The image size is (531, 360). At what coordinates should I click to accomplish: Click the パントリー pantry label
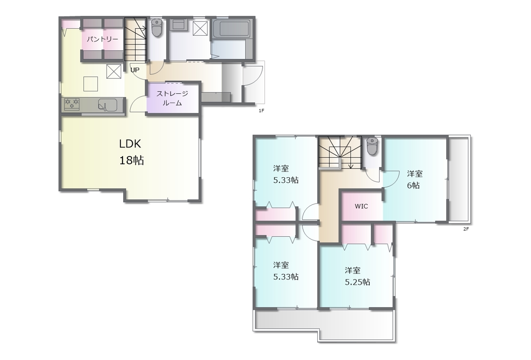102,39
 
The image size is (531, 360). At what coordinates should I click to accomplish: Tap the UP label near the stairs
135,70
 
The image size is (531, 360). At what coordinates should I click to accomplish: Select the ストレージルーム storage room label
172,98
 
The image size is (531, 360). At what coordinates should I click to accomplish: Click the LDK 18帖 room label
131,152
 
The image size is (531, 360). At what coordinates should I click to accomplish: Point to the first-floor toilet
156,28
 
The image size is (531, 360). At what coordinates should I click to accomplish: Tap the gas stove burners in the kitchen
72,104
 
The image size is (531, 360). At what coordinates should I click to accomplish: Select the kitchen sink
108,105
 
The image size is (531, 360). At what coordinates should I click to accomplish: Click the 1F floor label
261,110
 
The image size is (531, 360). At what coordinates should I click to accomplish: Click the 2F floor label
466,229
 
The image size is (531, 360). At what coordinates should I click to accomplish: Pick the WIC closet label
361,206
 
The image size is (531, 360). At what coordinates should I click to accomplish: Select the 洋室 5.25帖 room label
357,276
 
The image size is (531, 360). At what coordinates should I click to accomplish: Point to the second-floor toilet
372,147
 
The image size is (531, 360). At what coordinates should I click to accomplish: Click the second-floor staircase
340,152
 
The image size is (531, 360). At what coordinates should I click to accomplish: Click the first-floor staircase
135,39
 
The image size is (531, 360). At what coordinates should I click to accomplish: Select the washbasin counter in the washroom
178,24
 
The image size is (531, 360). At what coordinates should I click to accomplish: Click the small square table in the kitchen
90,84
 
